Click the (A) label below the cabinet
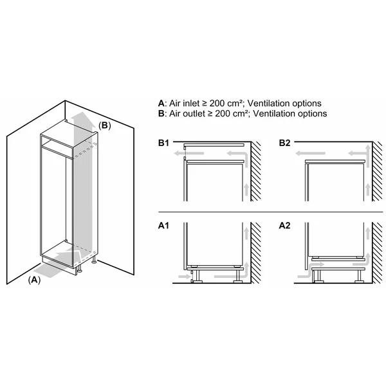34,280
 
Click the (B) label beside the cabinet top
105,125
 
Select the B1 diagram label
163,143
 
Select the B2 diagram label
284,143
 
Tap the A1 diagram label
163,226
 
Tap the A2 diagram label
284,226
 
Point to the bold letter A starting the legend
161,104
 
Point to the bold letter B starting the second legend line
161,113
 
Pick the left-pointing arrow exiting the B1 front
188,154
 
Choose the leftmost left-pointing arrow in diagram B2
310,154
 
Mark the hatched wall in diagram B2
378,171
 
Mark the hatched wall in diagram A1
256,253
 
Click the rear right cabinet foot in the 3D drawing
94,261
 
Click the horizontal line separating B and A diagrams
270,212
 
